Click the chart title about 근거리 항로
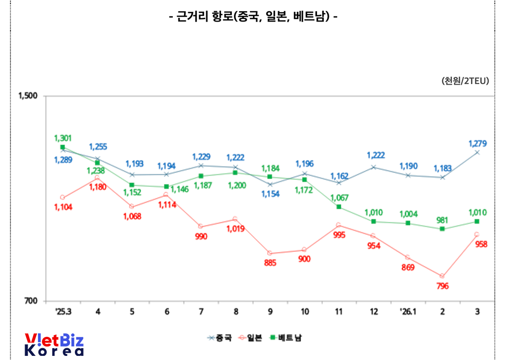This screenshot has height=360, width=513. click(x=253, y=16)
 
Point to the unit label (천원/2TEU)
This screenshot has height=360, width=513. click(x=465, y=81)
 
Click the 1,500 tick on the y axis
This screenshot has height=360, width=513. click(x=29, y=96)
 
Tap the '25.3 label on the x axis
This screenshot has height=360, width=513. click(x=63, y=312)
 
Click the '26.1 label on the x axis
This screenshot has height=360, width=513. click(x=408, y=312)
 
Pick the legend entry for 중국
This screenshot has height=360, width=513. click(x=220, y=337)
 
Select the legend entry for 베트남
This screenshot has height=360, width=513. click(x=287, y=337)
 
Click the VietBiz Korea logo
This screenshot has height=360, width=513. click(x=54, y=345)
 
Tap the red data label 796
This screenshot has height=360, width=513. click(x=442, y=286)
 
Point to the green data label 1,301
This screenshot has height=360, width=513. click(x=63, y=138)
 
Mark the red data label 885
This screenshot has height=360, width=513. click(x=270, y=263)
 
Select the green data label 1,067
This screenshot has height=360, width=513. click(x=339, y=197)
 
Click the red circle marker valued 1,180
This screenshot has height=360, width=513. click(x=97, y=178)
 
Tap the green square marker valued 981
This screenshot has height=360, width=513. click(x=442, y=229)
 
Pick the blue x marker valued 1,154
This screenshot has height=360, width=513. click(x=270, y=184)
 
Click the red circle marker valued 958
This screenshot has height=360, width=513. click(x=477, y=234)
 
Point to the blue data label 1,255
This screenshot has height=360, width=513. click(x=97, y=147)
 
